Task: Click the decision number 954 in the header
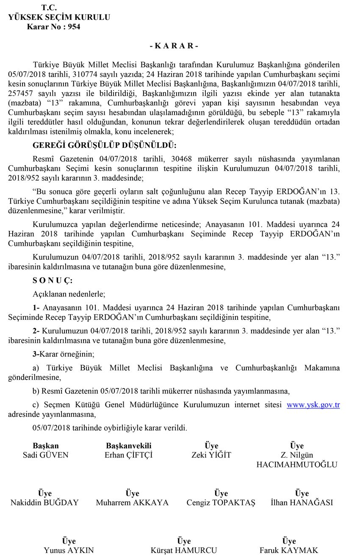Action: point(74,27)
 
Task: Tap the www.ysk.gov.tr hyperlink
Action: point(313,405)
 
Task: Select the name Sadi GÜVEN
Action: point(45,455)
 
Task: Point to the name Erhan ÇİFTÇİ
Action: point(128,455)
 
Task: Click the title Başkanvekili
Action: point(128,446)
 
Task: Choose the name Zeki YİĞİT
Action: point(211,455)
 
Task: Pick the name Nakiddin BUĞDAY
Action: point(44,503)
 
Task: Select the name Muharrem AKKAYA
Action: point(132,503)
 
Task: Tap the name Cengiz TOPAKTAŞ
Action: point(221,503)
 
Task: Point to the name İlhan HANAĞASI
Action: point(302,503)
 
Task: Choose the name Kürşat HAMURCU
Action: point(184,551)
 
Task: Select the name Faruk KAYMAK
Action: point(289,551)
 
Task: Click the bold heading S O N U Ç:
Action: point(47,281)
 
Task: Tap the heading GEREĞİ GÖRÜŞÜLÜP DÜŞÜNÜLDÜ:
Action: point(104,145)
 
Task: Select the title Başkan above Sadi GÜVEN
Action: point(45,446)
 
